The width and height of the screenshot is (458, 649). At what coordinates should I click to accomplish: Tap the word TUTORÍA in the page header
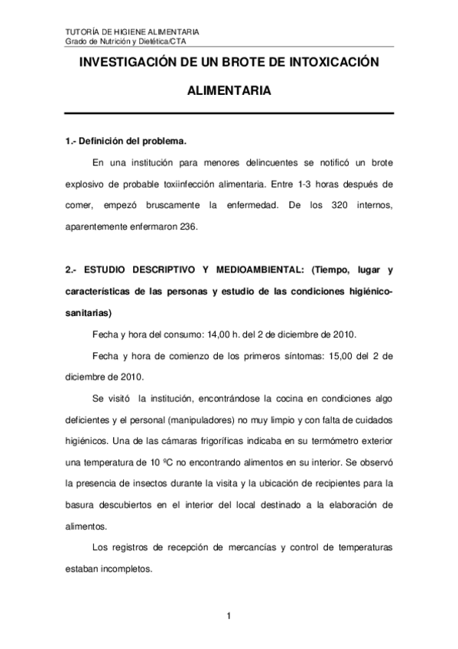[82, 31]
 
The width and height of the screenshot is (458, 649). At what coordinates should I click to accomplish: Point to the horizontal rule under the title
[229, 113]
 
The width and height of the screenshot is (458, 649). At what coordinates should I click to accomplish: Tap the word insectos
[170, 484]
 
